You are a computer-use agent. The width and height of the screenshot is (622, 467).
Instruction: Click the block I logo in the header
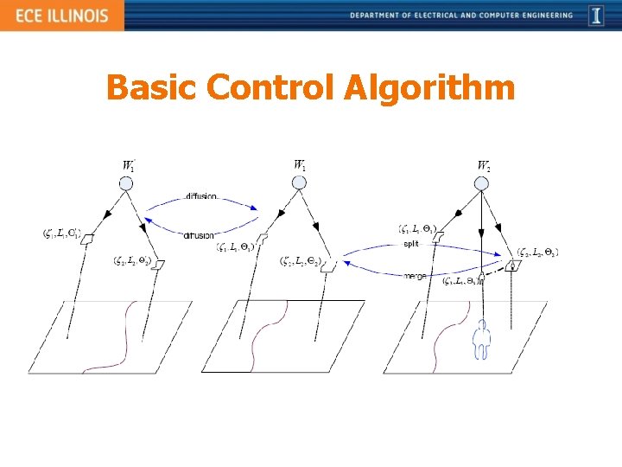point(596,16)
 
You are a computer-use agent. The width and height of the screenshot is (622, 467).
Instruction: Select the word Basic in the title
point(152,88)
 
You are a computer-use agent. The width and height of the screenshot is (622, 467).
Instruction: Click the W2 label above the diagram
point(484,165)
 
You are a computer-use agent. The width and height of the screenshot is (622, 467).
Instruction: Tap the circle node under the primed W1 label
point(126,183)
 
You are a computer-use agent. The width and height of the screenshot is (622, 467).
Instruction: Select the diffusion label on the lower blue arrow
point(199,235)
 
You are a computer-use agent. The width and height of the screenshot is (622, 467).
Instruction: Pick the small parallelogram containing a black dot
point(513,266)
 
